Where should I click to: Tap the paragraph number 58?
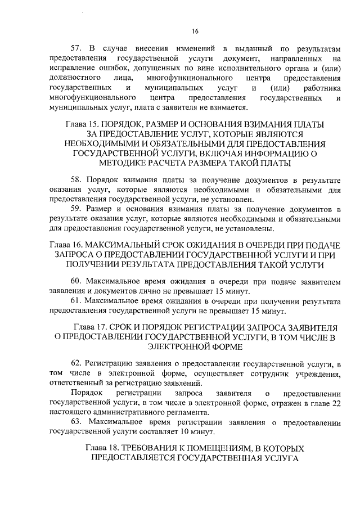click(76, 179)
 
